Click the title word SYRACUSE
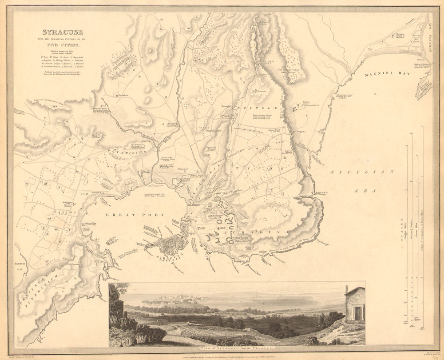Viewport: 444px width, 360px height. point(62,32)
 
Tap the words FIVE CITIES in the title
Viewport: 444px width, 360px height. point(62,45)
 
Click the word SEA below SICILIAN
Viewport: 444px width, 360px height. point(370,190)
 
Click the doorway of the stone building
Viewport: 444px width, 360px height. point(357,313)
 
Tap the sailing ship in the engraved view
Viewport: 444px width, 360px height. point(256,298)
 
